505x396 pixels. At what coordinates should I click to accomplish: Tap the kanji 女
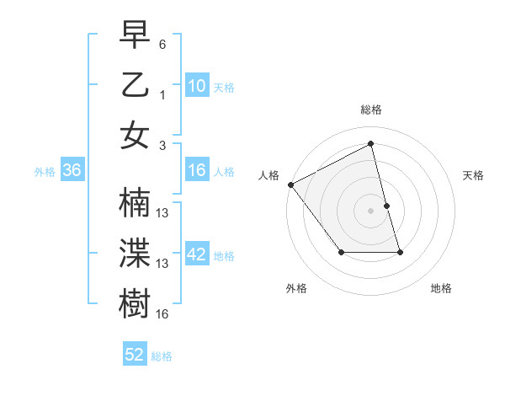click(136, 136)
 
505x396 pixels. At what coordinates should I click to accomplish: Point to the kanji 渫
click(136, 254)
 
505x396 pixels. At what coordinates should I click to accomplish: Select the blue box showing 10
click(197, 85)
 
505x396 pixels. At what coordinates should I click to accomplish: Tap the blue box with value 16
click(197, 170)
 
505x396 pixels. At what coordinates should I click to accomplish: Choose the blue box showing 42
click(197, 254)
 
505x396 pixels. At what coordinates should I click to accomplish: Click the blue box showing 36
click(72, 170)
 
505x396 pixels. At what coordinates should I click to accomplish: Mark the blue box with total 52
click(135, 355)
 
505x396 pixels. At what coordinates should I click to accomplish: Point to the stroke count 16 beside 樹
click(162, 314)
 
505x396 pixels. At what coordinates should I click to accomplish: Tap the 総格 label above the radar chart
click(371, 110)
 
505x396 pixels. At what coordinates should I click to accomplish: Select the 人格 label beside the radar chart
click(269, 175)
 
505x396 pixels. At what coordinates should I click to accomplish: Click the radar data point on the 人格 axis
click(290, 185)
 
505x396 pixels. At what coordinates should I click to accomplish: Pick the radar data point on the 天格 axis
click(386, 206)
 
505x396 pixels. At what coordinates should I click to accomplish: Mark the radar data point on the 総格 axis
click(371, 144)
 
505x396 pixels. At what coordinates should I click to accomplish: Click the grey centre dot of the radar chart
click(371, 211)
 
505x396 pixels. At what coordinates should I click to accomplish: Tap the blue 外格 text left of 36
click(45, 171)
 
